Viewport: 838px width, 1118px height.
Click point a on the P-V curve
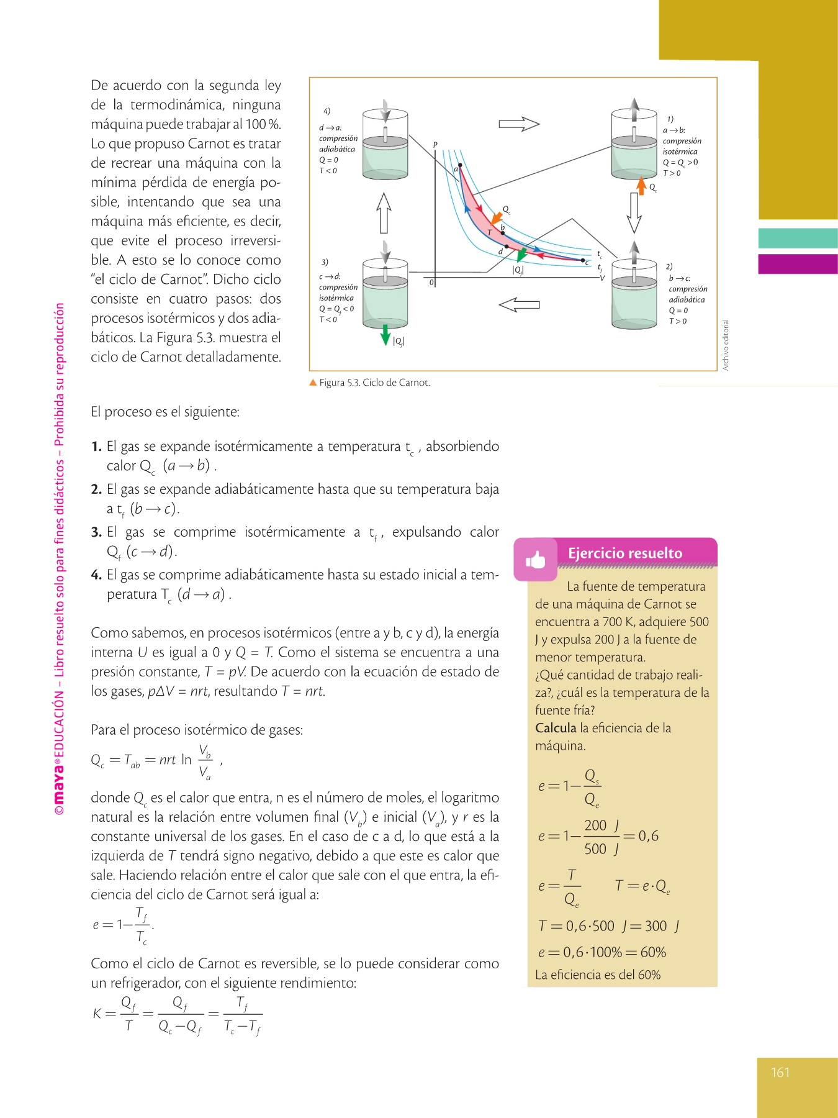[459, 165]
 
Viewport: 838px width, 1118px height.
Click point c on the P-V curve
[583, 260]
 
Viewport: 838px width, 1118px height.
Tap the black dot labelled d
[507, 247]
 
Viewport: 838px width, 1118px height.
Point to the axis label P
[435, 145]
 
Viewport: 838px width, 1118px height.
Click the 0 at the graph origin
[431, 283]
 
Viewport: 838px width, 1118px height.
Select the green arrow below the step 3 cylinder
[385, 334]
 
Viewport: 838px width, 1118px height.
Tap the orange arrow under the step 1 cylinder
[641, 185]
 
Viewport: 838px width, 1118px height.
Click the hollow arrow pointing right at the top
[519, 124]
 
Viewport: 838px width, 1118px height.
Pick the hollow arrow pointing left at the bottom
[519, 305]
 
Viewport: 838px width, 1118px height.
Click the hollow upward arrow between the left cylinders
[384, 212]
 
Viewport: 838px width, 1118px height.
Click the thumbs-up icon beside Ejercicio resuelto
[535, 560]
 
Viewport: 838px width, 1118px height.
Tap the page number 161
[780, 1072]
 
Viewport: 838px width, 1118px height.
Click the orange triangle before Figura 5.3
[313, 383]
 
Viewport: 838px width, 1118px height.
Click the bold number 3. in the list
[96, 532]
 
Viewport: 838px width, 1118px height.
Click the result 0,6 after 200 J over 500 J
[648, 836]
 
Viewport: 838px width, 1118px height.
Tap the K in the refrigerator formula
[97, 1014]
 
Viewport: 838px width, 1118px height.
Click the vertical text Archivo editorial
[726, 345]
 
